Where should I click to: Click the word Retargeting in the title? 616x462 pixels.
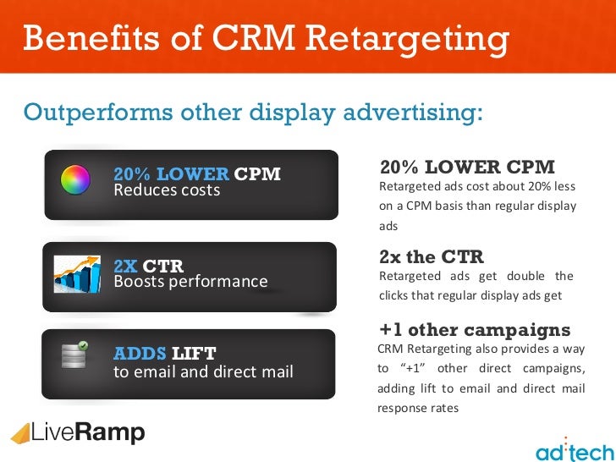point(412,38)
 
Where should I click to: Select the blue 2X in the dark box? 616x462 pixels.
point(125,266)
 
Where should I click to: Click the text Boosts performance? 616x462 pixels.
point(190,282)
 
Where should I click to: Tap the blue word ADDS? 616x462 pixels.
point(140,353)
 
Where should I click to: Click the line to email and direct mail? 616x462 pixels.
point(203,371)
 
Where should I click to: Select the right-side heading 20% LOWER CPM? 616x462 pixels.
point(467,167)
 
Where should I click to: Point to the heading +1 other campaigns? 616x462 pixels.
point(475,330)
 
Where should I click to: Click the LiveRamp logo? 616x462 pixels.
point(78,433)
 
